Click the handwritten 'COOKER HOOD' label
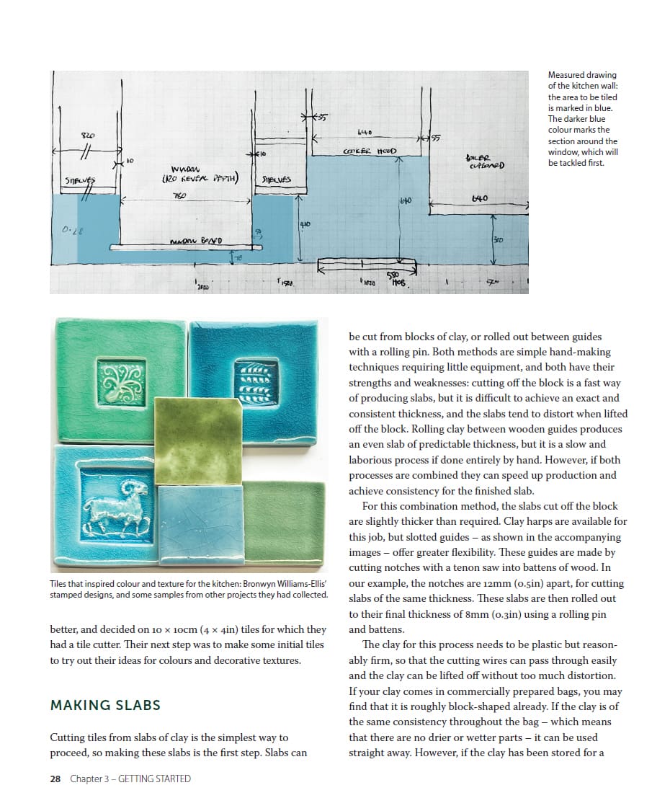370,151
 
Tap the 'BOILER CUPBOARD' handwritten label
484,161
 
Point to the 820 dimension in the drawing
87,136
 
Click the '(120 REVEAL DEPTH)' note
200,179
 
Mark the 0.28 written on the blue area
72,231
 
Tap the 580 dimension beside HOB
393,275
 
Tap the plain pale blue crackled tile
201,523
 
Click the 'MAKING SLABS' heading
105,705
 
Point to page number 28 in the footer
55,779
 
